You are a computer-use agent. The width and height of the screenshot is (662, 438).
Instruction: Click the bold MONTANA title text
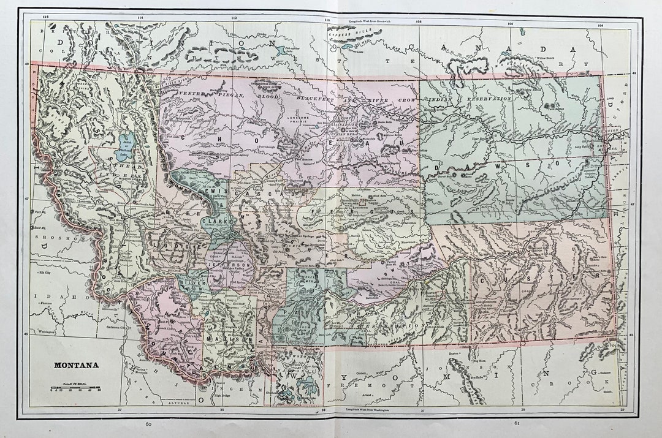[76, 365]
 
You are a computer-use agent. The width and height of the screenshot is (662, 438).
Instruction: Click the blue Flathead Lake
[126, 147]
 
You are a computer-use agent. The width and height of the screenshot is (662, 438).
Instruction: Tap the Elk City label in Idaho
[44, 271]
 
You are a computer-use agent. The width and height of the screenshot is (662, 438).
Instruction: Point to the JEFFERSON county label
[230, 266]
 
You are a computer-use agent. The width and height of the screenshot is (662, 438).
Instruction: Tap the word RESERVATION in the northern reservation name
[489, 98]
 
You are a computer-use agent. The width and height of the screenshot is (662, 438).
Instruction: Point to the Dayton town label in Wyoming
[454, 353]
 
